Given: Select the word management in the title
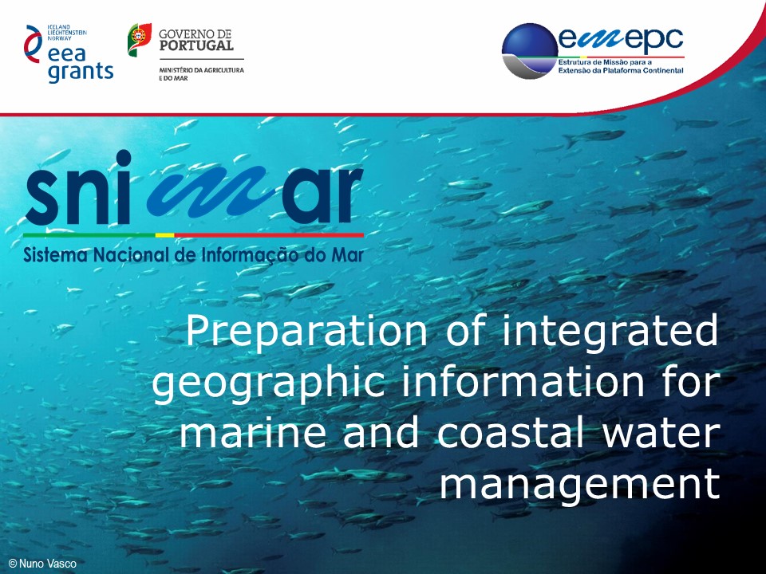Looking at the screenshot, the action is [x=581, y=484].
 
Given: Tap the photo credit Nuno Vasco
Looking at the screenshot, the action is [x=43, y=564].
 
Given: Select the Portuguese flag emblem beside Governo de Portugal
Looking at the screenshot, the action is [x=140, y=40].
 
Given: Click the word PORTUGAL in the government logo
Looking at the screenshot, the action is [x=196, y=45].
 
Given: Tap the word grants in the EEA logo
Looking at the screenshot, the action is [x=81, y=72].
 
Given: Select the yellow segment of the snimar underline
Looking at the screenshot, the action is [x=164, y=235].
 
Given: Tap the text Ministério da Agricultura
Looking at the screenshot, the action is [x=201, y=70].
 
